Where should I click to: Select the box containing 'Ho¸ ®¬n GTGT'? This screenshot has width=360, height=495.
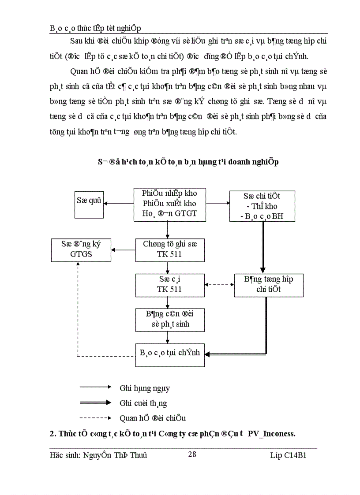[x=169, y=204]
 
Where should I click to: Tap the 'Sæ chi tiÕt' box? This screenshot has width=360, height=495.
[x=262, y=206]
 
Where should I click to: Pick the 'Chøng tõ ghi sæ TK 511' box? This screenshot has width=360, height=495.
[x=169, y=249]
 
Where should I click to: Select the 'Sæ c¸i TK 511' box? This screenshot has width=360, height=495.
[x=169, y=284]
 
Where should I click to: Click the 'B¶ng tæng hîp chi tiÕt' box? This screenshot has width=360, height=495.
[x=268, y=285]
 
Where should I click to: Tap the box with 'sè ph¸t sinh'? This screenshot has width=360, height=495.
[x=169, y=320]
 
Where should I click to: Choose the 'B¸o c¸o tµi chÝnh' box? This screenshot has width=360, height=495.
[x=170, y=353]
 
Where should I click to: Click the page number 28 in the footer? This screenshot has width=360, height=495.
[x=192, y=454]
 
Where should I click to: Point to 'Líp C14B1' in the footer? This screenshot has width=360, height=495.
[x=288, y=455]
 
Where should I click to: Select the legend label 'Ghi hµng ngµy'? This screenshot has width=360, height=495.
[x=145, y=389]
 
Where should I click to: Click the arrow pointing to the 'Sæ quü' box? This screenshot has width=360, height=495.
[x=119, y=204]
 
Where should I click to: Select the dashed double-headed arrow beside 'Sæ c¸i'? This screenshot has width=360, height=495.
[x=220, y=284]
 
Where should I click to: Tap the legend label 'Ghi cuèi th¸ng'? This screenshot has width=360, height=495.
[x=143, y=403]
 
